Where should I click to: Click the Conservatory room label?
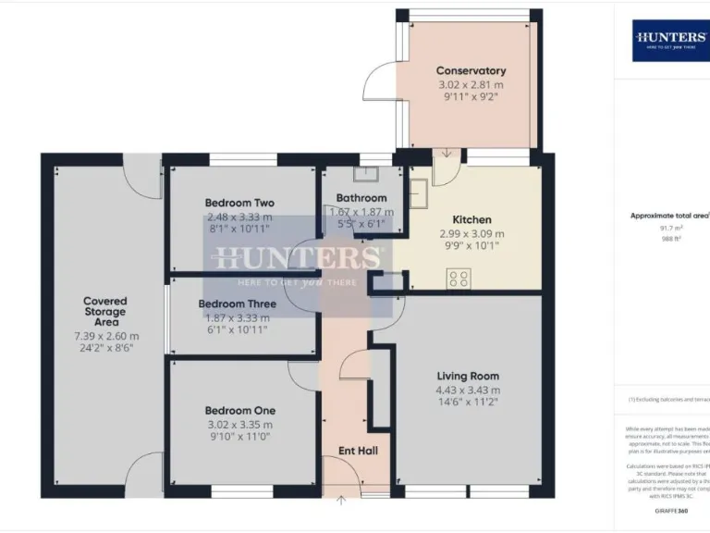pyautogui.click(x=471, y=71)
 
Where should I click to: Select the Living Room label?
pyautogui.click(x=468, y=376)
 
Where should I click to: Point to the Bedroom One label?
pyautogui.click(x=239, y=411)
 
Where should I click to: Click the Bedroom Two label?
pyautogui.click(x=239, y=203)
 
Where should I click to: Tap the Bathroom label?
pyautogui.click(x=361, y=198)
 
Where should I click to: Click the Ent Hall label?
pyautogui.click(x=358, y=451)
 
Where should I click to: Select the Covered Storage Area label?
pyautogui.click(x=105, y=311)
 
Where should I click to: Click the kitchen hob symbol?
pyautogui.click(x=459, y=278)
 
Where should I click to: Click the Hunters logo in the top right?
pyautogui.click(x=671, y=40)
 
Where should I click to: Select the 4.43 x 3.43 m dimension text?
pyautogui.click(x=468, y=390)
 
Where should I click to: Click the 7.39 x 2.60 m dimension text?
pyautogui.click(x=105, y=336)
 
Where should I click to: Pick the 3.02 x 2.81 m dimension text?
pyautogui.click(x=471, y=85)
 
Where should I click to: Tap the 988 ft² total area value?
pyautogui.click(x=670, y=239)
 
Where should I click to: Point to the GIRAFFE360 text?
pyautogui.click(x=670, y=510)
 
